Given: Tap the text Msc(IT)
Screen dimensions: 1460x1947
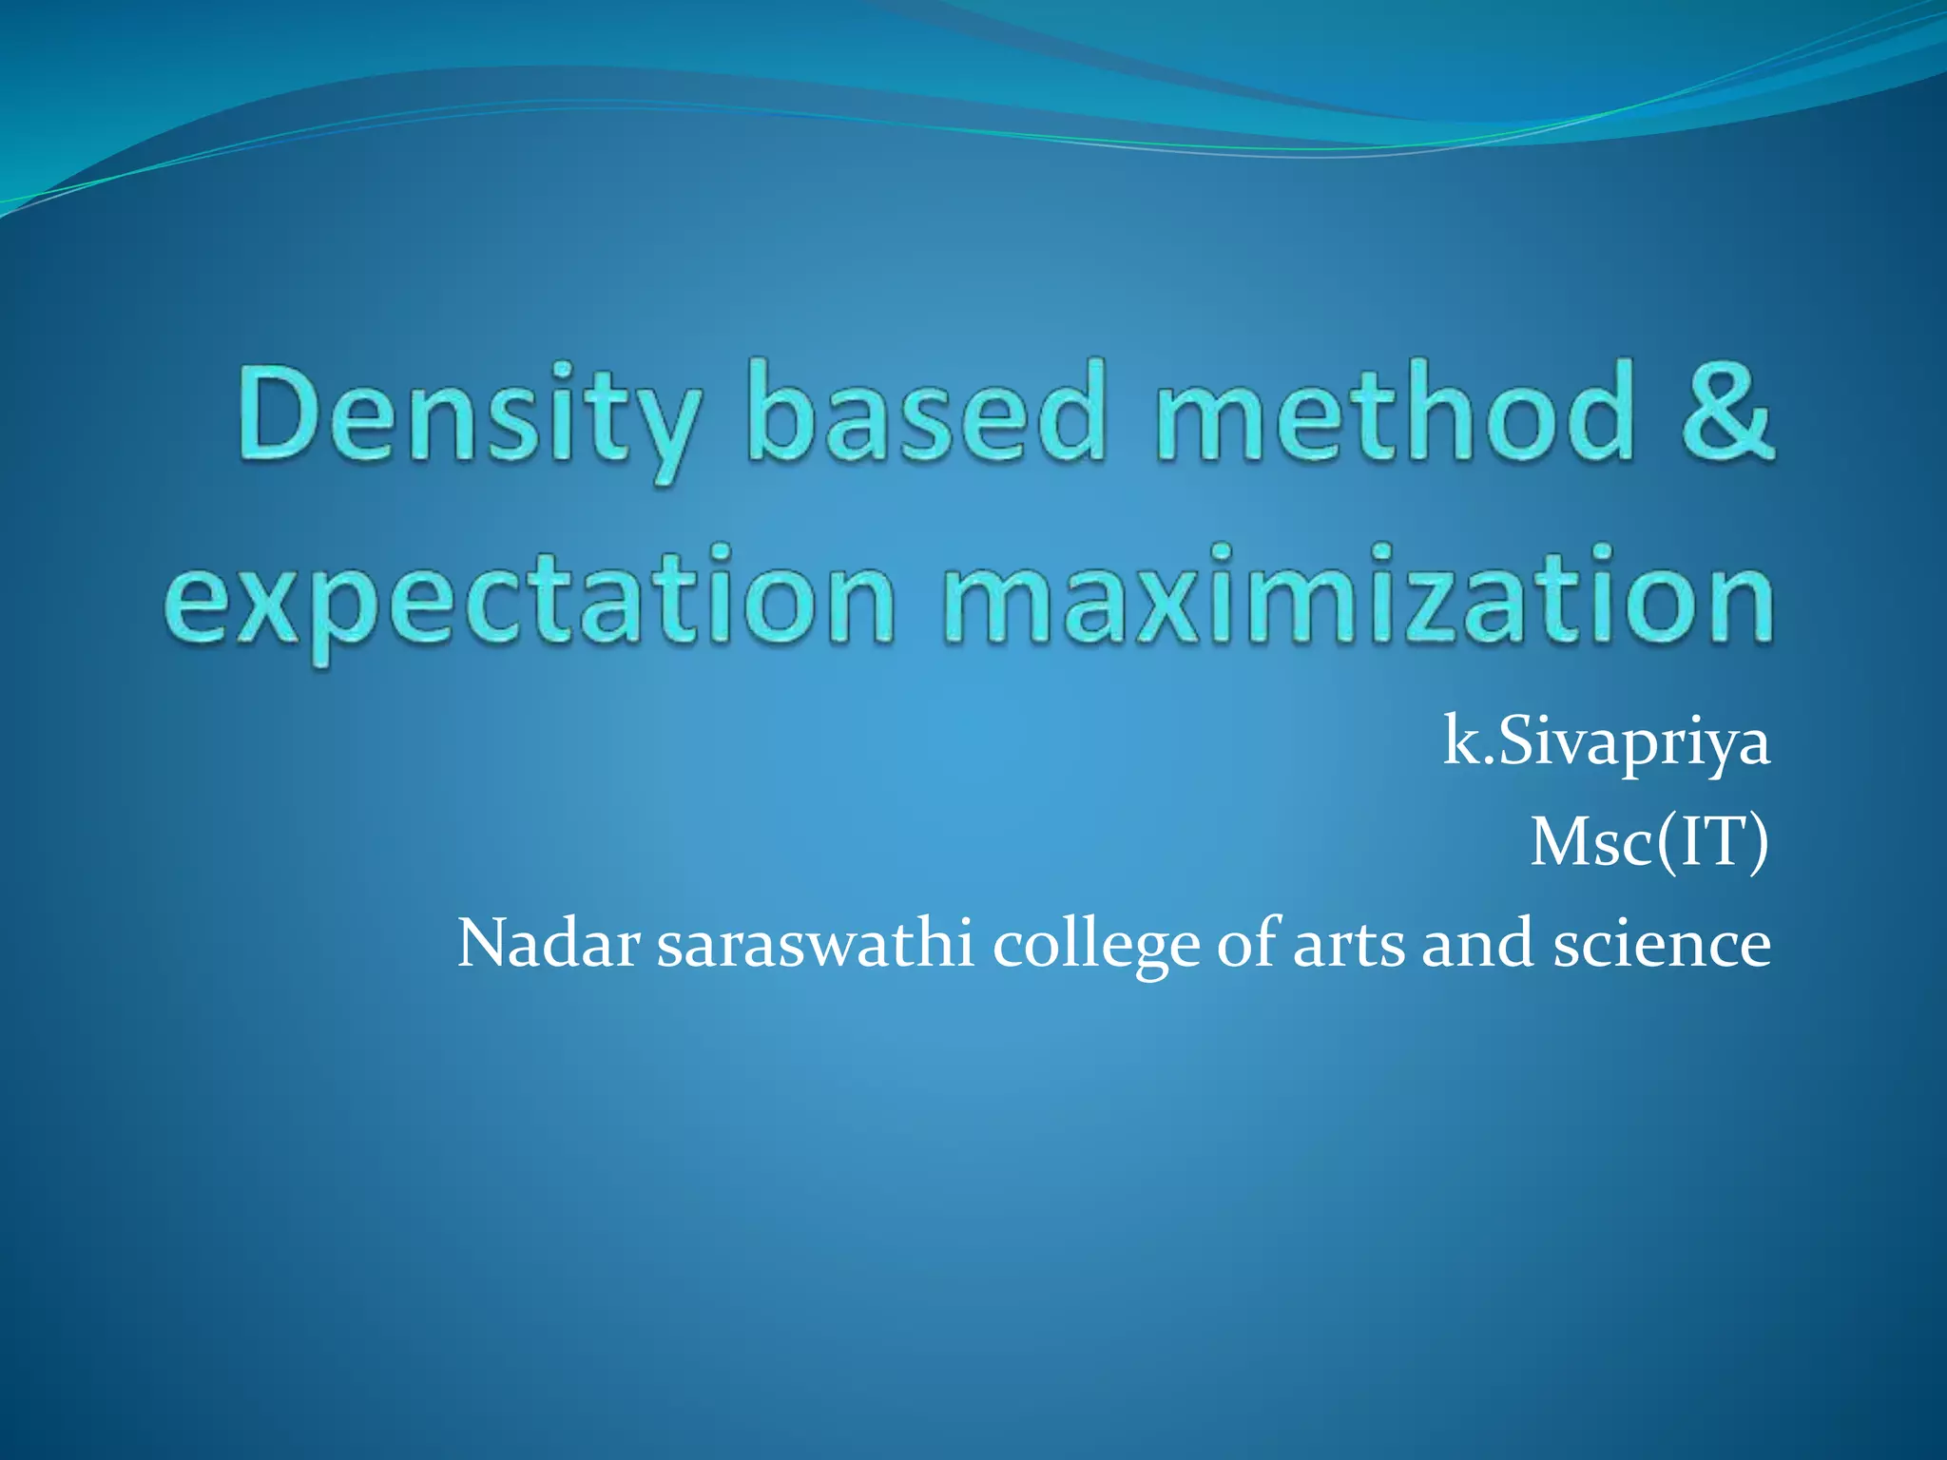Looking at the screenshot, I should click(x=1649, y=842).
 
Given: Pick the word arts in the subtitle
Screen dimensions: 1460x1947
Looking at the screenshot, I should click(x=1348, y=946).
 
